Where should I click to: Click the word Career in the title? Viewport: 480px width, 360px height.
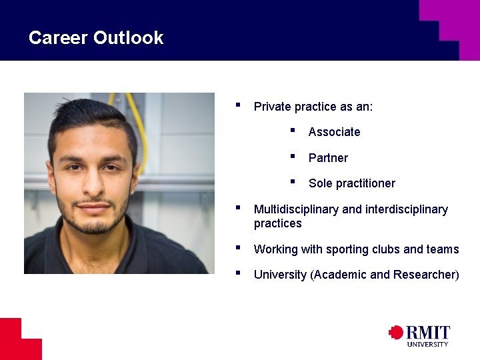(59, 38)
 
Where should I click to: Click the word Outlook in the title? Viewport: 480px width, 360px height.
(129, 38)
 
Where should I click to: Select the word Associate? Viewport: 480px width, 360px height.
(334, 132)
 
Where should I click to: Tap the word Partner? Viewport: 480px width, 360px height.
(328, 158)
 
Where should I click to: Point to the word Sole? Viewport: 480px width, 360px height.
(320, 183)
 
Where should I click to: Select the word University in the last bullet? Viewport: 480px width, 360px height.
(281, 275)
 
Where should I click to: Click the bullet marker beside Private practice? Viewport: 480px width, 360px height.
(238, 105)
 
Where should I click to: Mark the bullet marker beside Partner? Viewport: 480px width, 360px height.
(293, 157)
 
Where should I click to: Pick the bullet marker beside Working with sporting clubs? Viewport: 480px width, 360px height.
(238, 248)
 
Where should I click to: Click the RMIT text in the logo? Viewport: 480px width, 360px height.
(428, 333)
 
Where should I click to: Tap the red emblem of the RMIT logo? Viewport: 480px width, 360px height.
(396, 332)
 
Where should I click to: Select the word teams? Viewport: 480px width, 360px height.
(443, 249)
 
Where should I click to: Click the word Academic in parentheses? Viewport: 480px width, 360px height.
(339, 275)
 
